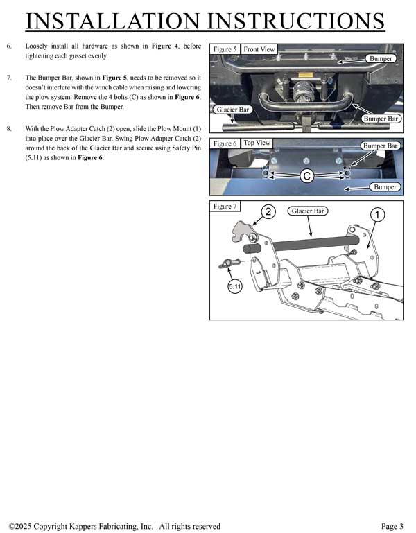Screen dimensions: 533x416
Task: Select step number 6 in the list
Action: pos(9,46)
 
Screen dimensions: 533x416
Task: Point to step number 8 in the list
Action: pos(9,129)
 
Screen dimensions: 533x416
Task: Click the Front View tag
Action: pos(259,49)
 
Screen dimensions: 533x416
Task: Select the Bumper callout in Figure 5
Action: pos(381,59)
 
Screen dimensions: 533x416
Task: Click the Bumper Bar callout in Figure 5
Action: pos(381,119)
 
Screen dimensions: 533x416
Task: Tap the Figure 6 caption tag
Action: pos(225,143)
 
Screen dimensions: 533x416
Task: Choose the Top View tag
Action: pos(257,143)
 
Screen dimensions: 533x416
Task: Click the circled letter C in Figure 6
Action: pos(306,176)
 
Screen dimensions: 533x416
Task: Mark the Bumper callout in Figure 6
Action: pos(384,187)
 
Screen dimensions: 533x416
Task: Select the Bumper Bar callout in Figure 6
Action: pos(381,146)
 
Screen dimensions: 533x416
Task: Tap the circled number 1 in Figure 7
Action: pos(376,215)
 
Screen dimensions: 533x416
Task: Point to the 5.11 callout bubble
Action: pos(235,286)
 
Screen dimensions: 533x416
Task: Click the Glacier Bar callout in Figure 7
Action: pos(308,211)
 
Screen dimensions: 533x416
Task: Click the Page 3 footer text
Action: pos(392,526)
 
